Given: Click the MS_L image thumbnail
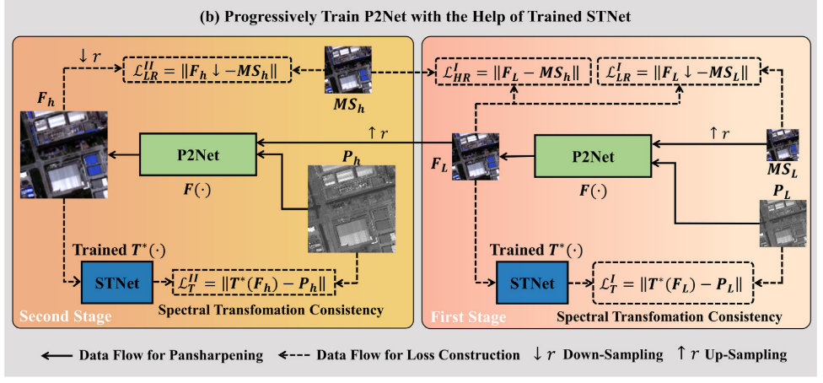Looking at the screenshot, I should (782, 144).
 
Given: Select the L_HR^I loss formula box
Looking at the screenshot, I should (512, 70).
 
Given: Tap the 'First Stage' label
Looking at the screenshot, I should (469, 317).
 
